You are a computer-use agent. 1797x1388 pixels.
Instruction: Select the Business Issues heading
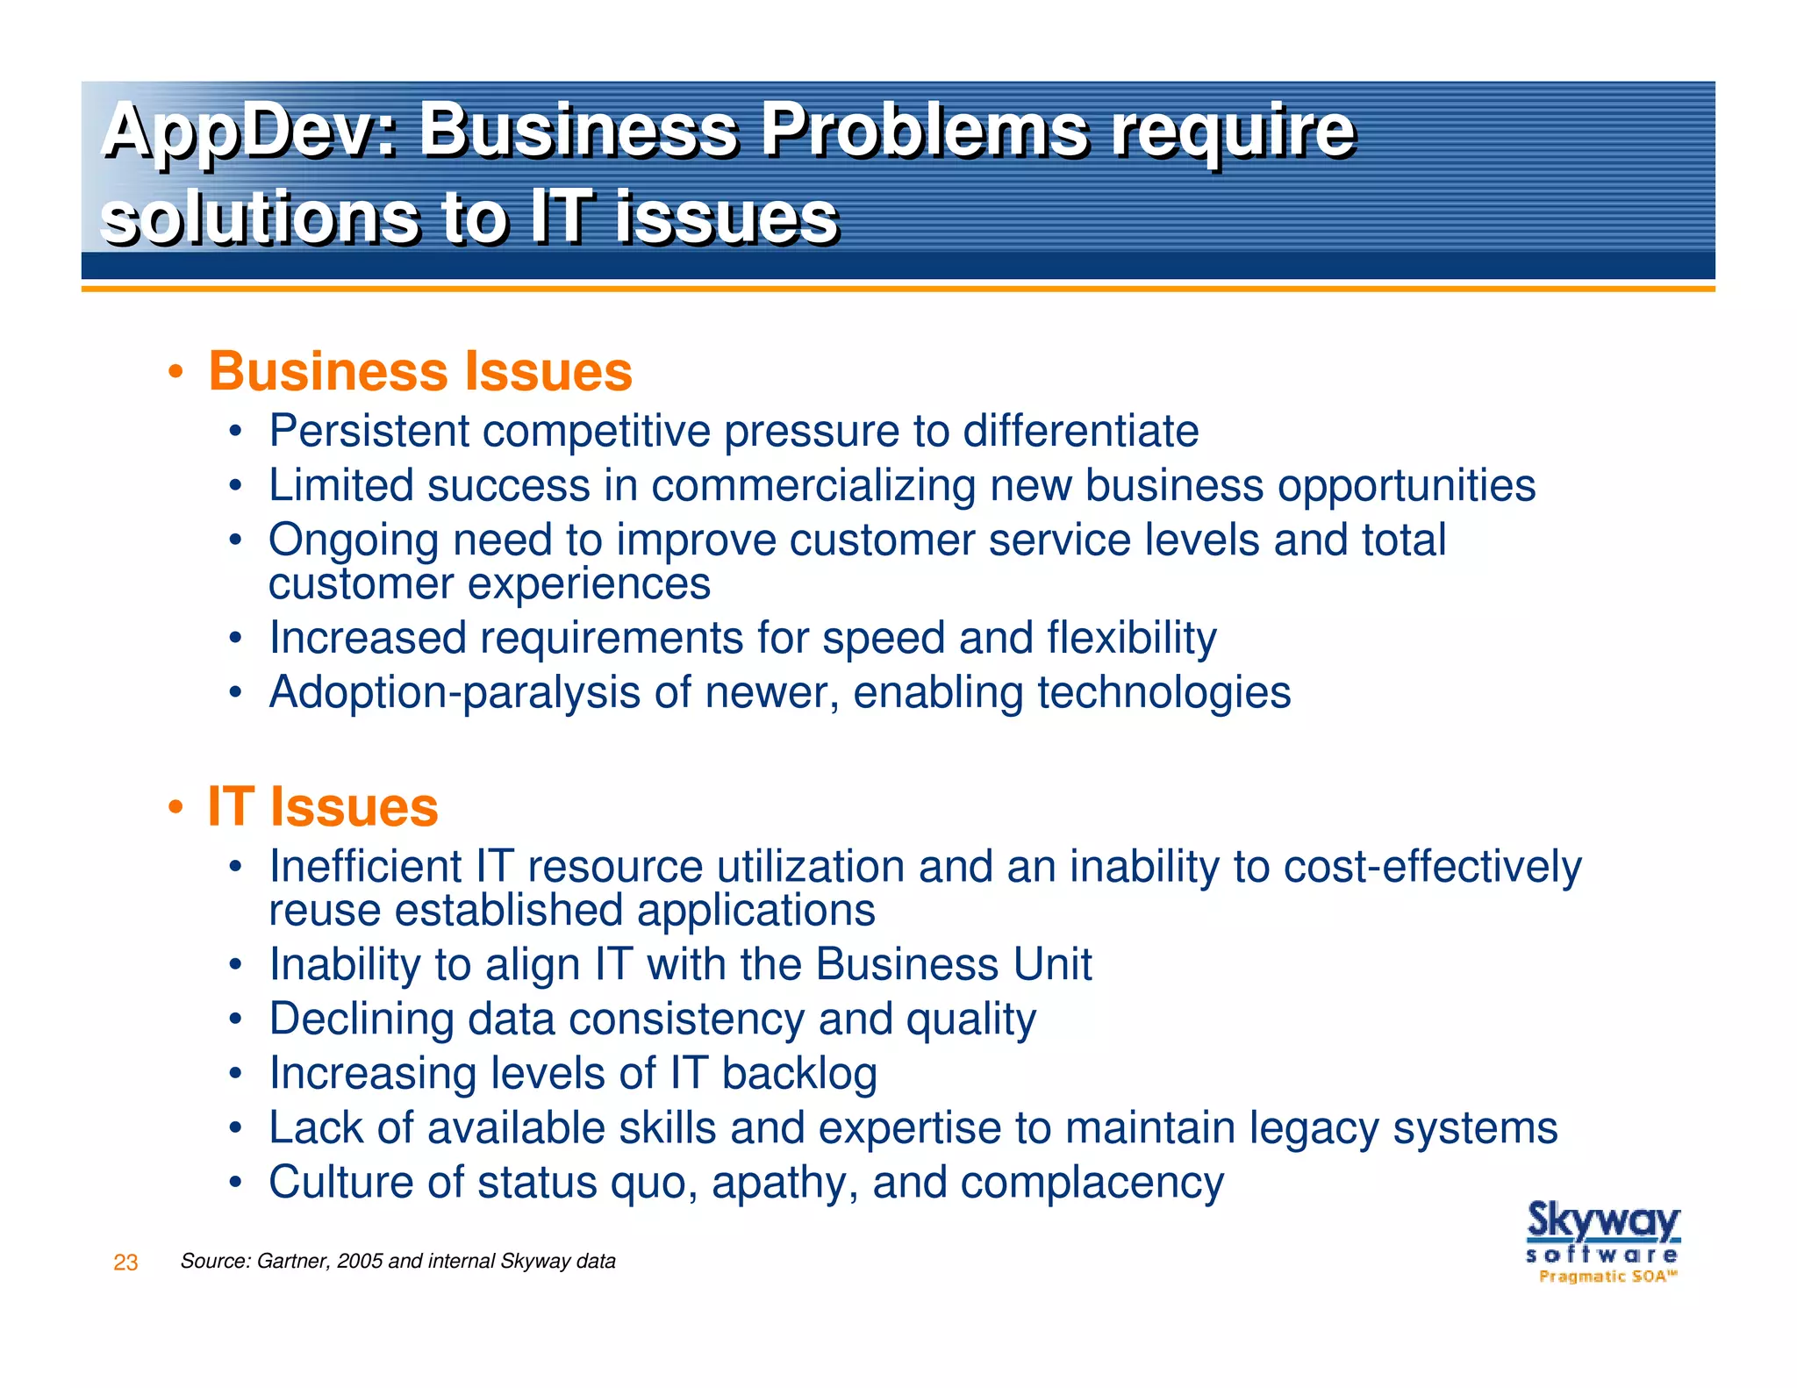(420, 371)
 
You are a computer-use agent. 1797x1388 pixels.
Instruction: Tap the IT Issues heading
(323, 806)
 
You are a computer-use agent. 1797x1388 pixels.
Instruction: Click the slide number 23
(125, 1263)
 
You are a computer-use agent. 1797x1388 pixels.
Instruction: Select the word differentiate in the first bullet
(1080, 431)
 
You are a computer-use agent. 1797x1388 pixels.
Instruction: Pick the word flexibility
(1131, 638)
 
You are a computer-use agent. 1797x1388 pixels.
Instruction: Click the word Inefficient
(365, 867)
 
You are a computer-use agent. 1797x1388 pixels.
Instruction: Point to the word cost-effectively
(1432, 867)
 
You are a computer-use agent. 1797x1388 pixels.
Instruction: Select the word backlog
(798, 1073)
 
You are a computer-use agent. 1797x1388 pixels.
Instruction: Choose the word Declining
(362, 1020)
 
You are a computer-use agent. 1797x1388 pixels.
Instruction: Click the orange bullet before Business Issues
(176, 372)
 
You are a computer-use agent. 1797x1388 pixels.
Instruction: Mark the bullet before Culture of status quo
(234, 1183)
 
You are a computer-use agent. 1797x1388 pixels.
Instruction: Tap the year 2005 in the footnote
(360, 1262)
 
